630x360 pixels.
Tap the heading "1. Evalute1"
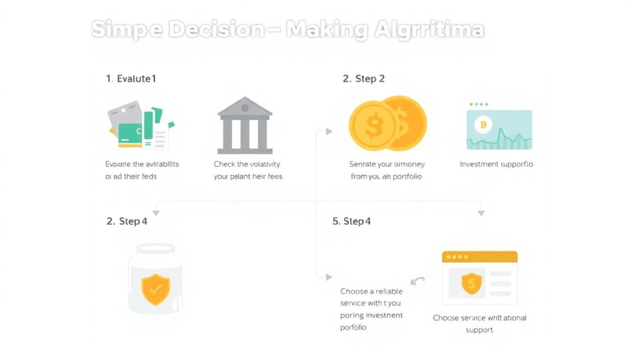click(x=131, y=79)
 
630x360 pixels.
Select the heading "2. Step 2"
click(x=363, y=79)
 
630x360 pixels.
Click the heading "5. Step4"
click(x=351, y=221)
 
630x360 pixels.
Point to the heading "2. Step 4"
click(x=127, y=221)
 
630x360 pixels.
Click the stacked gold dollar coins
click(x=387, y=124)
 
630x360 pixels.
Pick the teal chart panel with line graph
click(x=499, y=130)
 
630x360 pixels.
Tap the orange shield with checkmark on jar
click(x=156, y=290)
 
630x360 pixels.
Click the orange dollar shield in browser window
click(x=471, y=283)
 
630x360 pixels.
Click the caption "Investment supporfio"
click(x=496, y=164)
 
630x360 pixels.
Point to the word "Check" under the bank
click(x=224, y=164)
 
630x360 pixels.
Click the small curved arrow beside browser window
click(x=418, y=282)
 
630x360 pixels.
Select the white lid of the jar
click(x=156, y=250)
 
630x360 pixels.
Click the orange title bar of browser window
click(x=479, y=256)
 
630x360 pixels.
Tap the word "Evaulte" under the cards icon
click(x=118, y=164)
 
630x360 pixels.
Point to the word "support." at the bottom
click(x=480, y=330)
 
